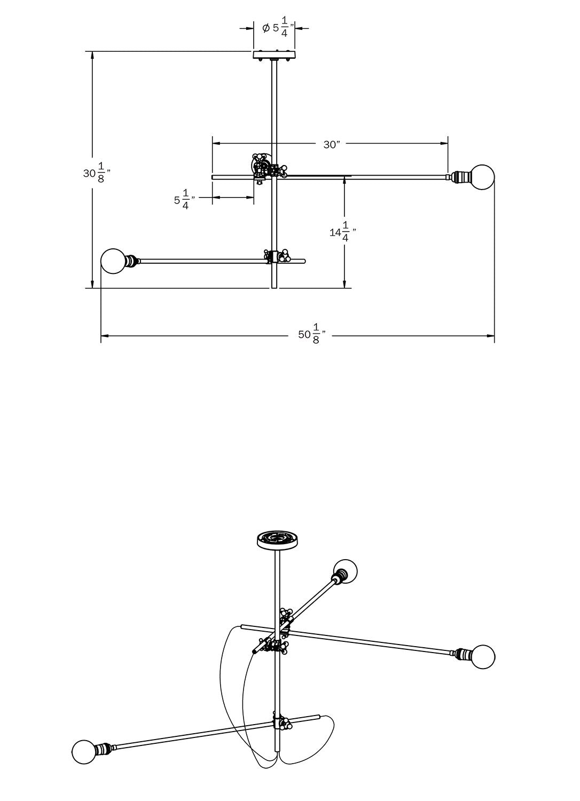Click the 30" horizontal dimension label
point(331,144)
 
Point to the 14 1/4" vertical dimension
point(342,231)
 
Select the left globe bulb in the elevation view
point(113,261)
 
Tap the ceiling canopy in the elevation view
point(275,55)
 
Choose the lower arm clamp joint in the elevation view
point(277,257)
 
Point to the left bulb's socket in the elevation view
point(131,261)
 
